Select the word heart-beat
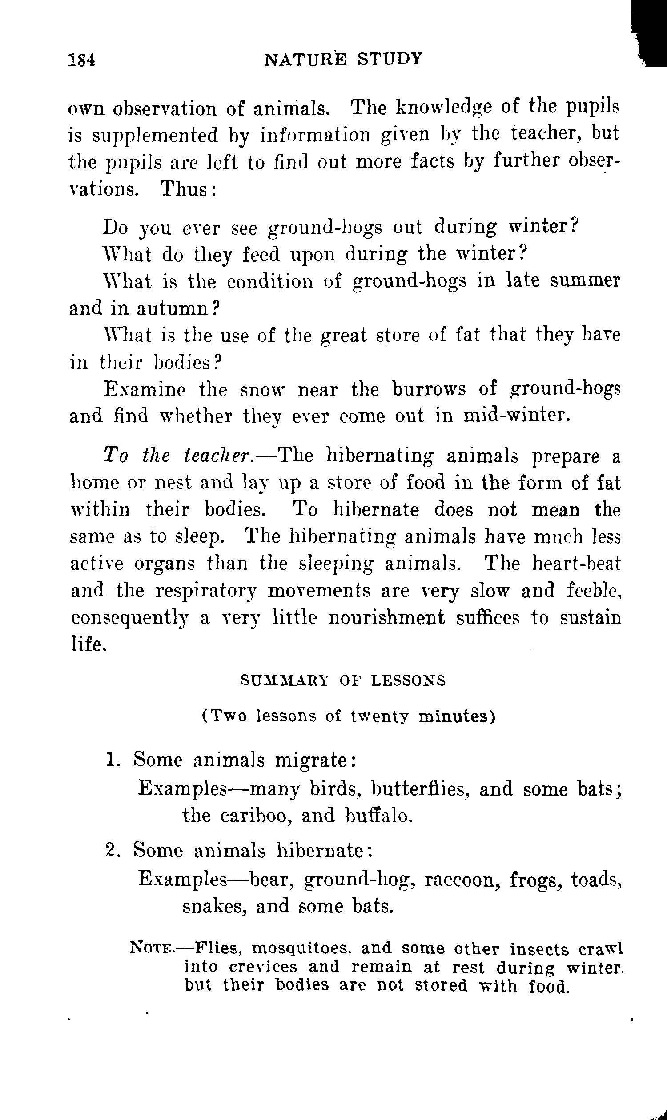[576, 564]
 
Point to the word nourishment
[386, 618]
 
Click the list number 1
[111, 760]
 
